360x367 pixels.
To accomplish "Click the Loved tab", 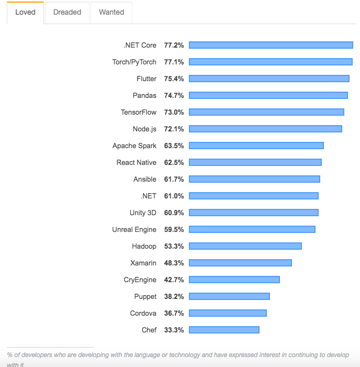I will (x=25, y=12).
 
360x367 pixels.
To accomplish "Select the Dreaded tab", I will (x=67, y=12).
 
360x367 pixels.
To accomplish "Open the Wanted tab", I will (x=111, y=12).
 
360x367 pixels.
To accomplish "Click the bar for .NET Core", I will (x=271, y=45).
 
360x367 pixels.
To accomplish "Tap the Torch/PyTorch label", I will (x=134, y=62).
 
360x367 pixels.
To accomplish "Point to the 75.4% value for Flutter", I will (x=174, y=79).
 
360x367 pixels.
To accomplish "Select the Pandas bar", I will (x=268, y=95).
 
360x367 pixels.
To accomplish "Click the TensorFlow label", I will (x=138, y=112).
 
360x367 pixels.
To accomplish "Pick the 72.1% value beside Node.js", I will (x=174, y=129).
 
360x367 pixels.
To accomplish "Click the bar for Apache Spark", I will (x=256, y=146).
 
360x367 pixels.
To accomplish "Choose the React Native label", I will (x=136, y=162).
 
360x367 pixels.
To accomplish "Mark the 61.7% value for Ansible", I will (x=174, y=179).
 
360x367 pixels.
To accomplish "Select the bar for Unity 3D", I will (x=253, y=213).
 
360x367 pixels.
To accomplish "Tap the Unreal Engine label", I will (x=134, y=229).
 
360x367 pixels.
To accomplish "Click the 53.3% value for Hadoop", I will (x=174, y=246).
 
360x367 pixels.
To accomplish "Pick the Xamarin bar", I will (x=240, y=263).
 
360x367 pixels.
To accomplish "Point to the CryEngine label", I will (x=140, y=280).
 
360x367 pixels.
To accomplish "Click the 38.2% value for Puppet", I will (x=174, y=296).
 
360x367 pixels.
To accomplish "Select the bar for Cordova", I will (x=228, y=313).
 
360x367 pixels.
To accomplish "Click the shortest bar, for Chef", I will (x=224, y=330).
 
